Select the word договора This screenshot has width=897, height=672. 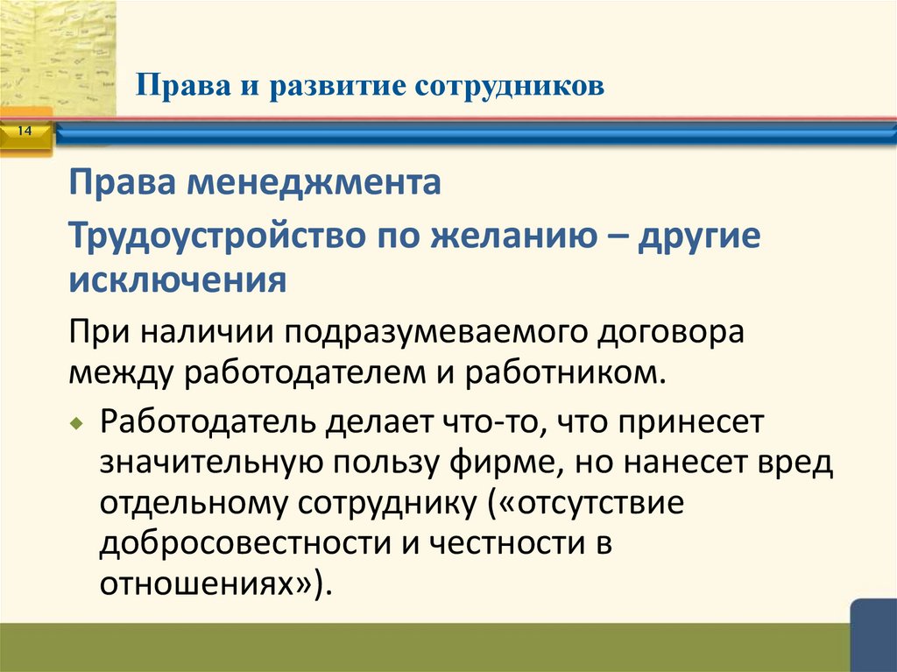pos(669,333)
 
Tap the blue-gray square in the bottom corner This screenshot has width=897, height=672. pos(873,635)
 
